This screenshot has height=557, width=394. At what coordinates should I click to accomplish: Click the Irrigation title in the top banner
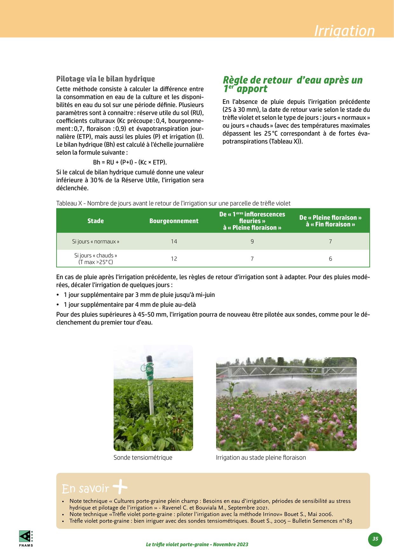[x=344, y=31]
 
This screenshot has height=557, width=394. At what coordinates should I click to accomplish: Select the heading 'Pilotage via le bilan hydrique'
[x=105, y=79]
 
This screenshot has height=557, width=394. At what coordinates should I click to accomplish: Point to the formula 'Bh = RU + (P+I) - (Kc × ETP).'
[x=130, y=162]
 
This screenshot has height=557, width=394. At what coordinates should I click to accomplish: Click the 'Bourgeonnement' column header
[x=174, y=221]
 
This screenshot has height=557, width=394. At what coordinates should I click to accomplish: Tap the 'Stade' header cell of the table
[x=95, y=221]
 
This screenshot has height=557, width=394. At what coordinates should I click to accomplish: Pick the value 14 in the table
[x=174, y=242]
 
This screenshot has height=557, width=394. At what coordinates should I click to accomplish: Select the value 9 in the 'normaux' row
[x=252, y=242]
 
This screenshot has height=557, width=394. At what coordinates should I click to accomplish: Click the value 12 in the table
[x=174, y=259]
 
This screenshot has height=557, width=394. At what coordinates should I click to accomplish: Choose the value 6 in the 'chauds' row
[x=330, y=259]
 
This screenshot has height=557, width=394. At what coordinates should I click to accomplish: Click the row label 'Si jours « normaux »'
[x=95, y=242]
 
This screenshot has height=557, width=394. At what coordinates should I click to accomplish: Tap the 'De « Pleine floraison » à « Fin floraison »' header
[x=330, y=221]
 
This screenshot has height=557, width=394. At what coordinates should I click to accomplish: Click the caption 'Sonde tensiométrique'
[x=143, y=458]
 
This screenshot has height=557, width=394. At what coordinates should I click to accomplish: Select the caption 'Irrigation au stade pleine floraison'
[x=261, y=458]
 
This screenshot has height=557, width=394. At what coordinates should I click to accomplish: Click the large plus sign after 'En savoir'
[x=120, y=487]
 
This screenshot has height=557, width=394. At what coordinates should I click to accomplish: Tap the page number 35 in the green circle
[x=375, y=539]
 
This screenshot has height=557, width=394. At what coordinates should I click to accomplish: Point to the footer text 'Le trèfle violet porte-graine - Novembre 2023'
[x=197, y=544]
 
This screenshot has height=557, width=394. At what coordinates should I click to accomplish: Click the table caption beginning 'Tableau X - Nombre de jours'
[x=173, y=203]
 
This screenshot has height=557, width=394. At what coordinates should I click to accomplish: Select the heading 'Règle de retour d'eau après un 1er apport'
[x=292, y=84]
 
